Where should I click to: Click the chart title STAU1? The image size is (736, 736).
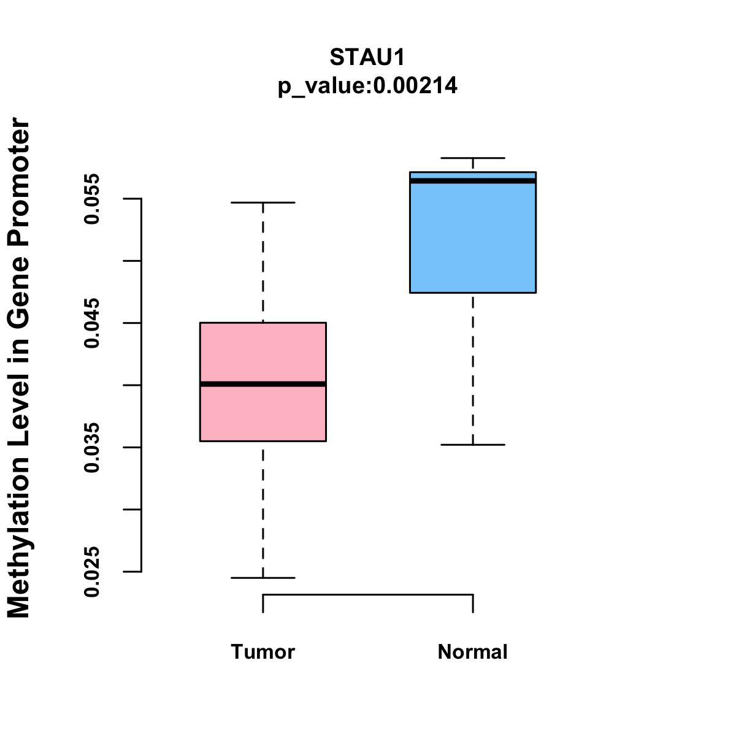click(367, 58)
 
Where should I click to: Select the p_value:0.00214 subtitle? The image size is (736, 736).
click(367, 86)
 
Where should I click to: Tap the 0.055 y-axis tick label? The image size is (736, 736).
click(92, 199)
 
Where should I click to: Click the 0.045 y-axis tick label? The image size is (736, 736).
click(92, 323)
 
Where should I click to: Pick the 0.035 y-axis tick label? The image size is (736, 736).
click(92, 448)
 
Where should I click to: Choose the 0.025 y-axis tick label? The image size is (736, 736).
click(92, 572)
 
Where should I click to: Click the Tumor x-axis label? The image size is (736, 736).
click(263, 652)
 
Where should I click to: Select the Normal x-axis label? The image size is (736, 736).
click(473, 652)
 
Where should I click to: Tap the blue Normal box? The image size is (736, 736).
click(473, 239)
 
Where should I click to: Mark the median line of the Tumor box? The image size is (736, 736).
click(263, 384)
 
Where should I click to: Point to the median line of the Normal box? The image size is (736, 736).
click(473, 181)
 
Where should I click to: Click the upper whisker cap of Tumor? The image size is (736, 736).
click(263, 202)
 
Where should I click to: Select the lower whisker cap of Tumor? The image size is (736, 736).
click(263, 578)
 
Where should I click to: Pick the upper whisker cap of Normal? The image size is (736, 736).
click(473, 158)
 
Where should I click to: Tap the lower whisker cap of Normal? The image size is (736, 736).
click(473, 444)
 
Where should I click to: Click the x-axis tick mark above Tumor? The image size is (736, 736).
click(263, 604)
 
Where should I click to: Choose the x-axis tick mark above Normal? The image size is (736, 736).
click(473, 604)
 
